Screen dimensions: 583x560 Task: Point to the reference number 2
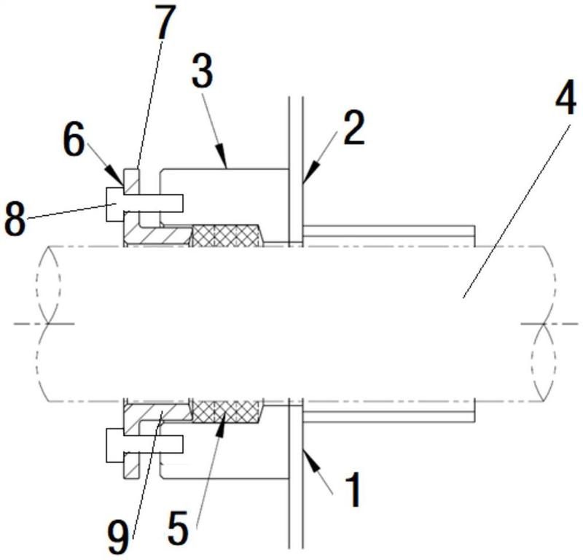353,128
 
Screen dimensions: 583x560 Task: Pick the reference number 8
15,219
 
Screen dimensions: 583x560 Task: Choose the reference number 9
118,537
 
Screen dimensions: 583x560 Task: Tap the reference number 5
178,527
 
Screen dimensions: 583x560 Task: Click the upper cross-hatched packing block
227,236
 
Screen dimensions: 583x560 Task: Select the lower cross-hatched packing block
227,412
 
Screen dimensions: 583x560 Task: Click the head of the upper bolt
115,204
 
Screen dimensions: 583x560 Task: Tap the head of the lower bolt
115,446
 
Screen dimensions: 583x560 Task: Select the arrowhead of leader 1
310,460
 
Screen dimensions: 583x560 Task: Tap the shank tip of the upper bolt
182,203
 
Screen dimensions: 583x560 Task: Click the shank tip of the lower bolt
182,444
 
